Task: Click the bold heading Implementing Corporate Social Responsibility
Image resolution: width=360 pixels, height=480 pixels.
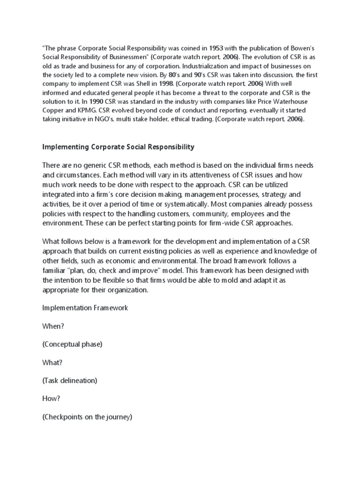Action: pyautogui.click(x=118, y=147)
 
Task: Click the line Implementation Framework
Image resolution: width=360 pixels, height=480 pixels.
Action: pyautogui.click(x=85, y=308)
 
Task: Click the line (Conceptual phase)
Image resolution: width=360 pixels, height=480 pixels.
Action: pyautogui.click(x=72, y=344)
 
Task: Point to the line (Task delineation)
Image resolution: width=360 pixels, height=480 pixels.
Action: pyautogui.click(x=70, y=380)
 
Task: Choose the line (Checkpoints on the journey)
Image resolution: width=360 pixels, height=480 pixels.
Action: pyautogui.click(x=88, y=416)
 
